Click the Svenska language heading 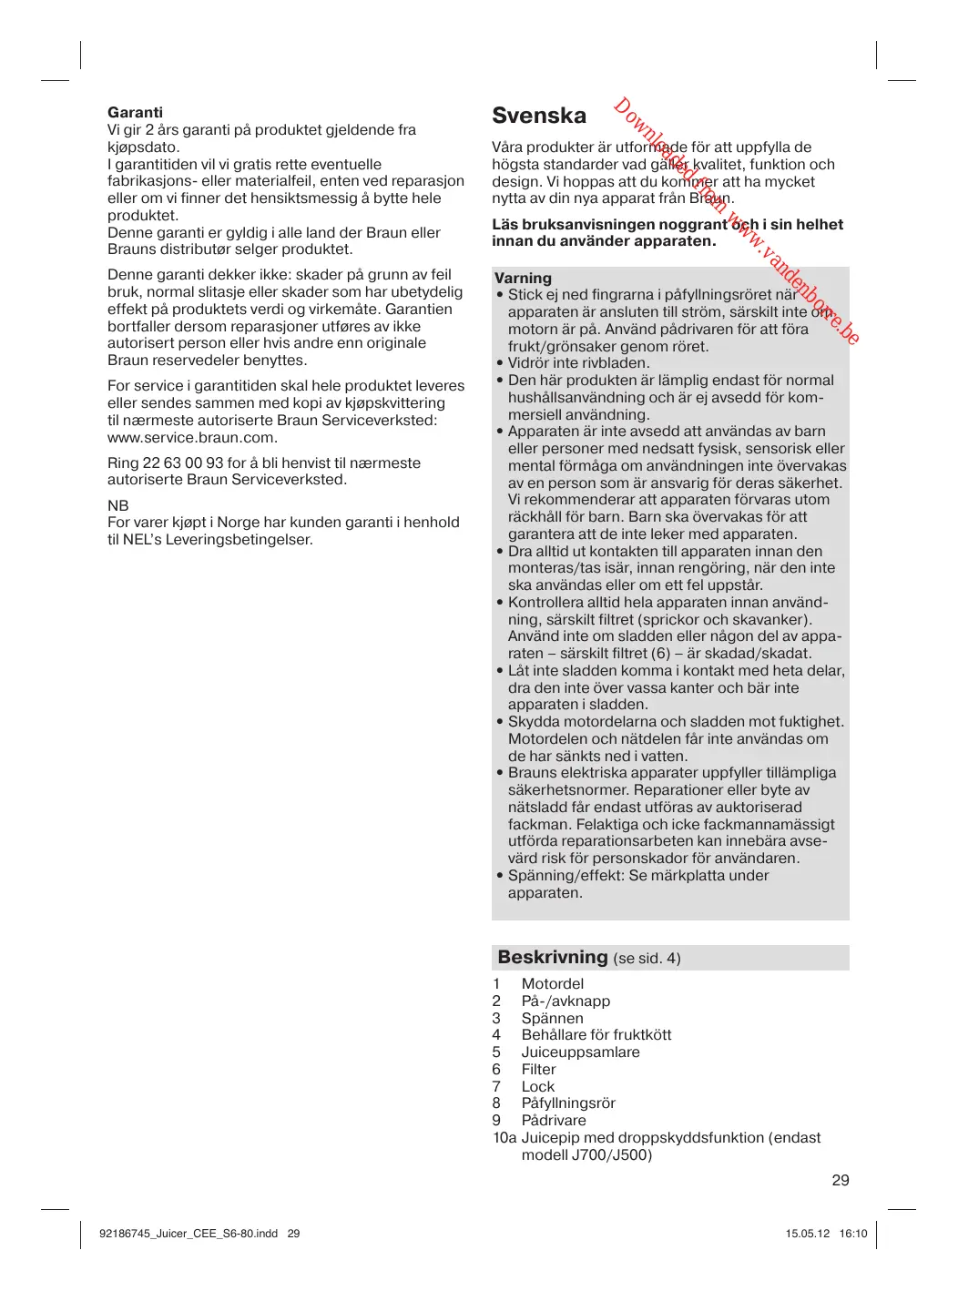(539, 116)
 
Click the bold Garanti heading (135, 113)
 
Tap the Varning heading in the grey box (523, 278)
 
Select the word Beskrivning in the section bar (553, 957)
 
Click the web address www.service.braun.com (192, 437)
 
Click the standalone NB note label (118, 505)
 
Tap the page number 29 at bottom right (841, 1180)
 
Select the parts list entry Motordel (553, 983)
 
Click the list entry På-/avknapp (566, 1001)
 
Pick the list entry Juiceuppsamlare (580, 1052)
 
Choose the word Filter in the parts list (538, 1069)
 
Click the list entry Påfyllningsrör (568, 1103)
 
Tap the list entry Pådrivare (554, 1120)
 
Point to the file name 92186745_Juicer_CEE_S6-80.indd (189, 1234)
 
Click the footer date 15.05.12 (808, 1234)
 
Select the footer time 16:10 (853, 1234)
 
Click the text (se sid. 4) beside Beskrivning (647, 958)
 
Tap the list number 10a (504, 1137)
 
